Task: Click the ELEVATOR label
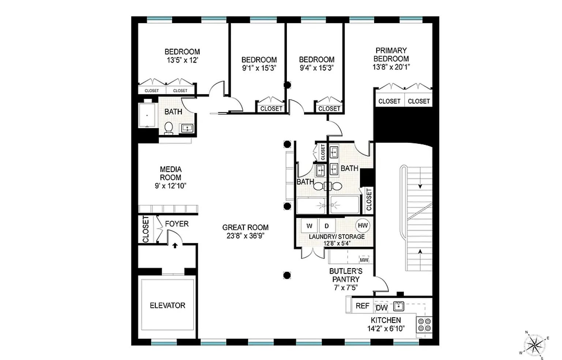click(168, 305)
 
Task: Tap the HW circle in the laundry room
click(363, 225)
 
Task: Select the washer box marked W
click(309, 226)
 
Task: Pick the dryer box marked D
click(327, 226)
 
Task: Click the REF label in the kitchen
click(363, 306)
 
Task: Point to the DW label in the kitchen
click(382, 308)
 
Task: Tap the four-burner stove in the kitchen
click(424, 325)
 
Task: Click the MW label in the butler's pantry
click(364, 260)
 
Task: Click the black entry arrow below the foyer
click(175, 245)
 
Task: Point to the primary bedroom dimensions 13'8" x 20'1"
click(391, 67)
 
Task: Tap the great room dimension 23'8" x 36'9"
click(246, 236)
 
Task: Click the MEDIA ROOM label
click(171, 173)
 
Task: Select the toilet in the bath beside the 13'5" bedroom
click(168, 128)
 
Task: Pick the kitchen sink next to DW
click(398, 306)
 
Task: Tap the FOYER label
click(177, 224)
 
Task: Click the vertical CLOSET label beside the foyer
click(146, 229)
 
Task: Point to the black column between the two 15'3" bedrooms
click(287, 85)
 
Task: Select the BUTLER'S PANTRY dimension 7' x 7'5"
click(346, 288)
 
